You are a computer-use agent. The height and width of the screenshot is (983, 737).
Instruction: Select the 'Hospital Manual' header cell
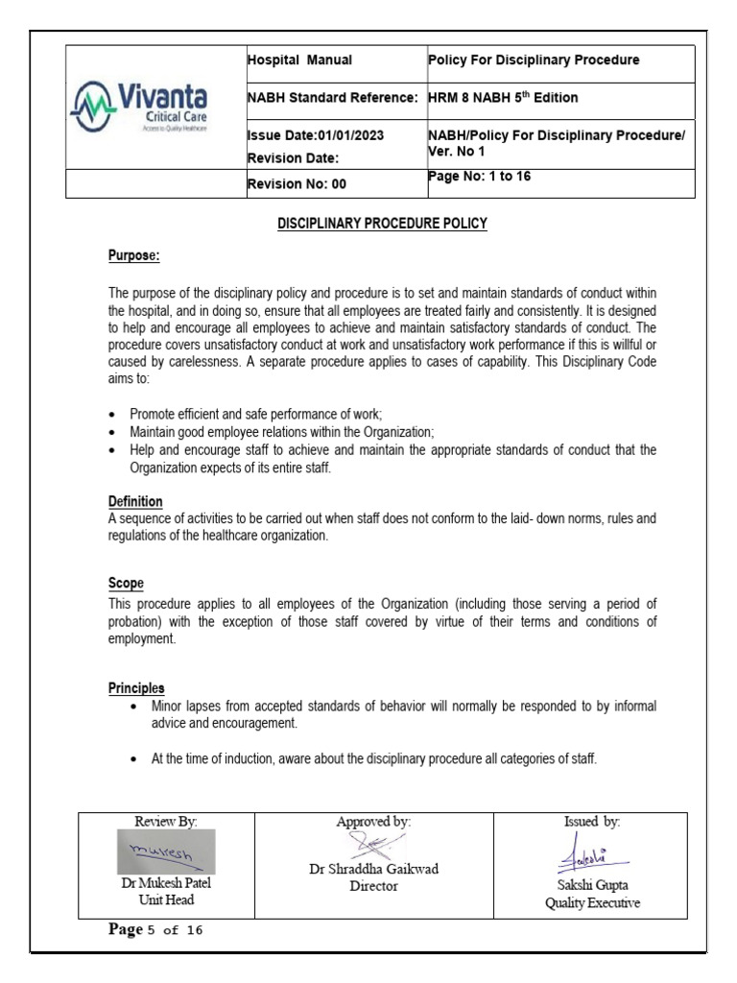pos(299,60)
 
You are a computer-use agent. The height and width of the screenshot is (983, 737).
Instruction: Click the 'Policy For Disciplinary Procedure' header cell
pos(534,60)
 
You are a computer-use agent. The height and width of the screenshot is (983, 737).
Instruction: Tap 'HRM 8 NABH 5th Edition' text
pos(503,98)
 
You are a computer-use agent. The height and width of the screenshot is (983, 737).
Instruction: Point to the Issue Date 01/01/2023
pos(316,135)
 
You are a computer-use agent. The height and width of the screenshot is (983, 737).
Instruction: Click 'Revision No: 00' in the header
pos(297,183)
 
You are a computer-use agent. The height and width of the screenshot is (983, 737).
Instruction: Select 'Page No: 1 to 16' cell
pos(479,177)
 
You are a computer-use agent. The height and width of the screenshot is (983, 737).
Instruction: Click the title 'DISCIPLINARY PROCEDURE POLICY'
pos(382,224)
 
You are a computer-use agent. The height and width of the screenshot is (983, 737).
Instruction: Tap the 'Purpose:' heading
pos(133,257)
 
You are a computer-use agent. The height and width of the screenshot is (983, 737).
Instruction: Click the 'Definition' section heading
pos(134,502)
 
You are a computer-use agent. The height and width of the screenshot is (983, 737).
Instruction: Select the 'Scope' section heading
pos(126,584)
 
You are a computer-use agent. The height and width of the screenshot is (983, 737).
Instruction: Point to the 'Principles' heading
pos(135,688)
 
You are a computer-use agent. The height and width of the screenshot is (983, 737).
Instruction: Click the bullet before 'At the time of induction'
pos(136,759)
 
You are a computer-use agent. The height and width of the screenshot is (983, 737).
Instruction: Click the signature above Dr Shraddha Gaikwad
pos(372,846)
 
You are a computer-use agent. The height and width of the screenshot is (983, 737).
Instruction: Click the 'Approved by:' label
pos(373,822)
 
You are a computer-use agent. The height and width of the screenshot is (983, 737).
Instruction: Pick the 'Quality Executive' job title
pos(592,903)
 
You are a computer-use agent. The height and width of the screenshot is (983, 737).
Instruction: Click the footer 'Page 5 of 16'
pos(156,930)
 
